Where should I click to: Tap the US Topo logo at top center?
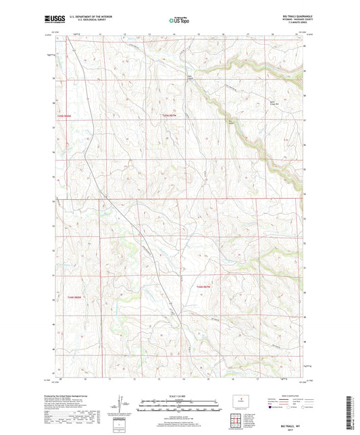(x=179, y=20)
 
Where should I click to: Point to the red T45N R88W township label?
(x=63, y=116)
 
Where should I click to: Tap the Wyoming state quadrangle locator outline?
(x=239, y=401)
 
